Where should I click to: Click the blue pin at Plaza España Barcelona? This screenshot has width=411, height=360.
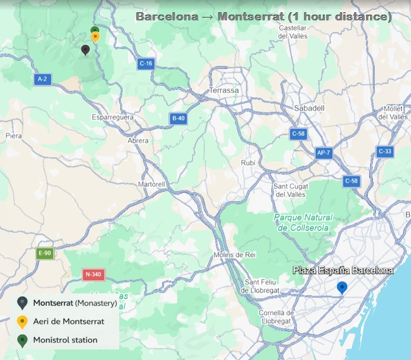click(x=342, y=288)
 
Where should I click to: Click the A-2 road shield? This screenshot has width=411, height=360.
click(x=42, y=78)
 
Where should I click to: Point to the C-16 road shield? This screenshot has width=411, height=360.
click(x=146, y=63)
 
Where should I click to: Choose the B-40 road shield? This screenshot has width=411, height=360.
click(x=178, y=119)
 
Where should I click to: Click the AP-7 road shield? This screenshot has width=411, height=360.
click(x=323, y=153)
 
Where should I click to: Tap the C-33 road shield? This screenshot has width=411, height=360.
click(x=385, y=151)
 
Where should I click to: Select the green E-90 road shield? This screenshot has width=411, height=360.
click(x=45, y=253)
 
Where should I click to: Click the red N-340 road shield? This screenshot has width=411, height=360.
click(x=93, y=274)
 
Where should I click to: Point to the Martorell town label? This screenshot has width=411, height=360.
click(x=152, y=184)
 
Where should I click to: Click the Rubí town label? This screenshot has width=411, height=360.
click(x=248, y=163)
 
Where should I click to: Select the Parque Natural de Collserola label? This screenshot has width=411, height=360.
click(x=302, y=223)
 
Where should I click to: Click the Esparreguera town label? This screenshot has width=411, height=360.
click(x=113, y=117)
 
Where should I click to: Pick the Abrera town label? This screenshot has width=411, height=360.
click(x=138, y=141)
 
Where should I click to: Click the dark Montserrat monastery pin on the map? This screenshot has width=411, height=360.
click(x=86, y=50)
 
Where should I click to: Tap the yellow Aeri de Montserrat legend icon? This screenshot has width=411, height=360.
click(x=22, y=321)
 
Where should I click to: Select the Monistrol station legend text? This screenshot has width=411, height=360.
click(x=65, y=340)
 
